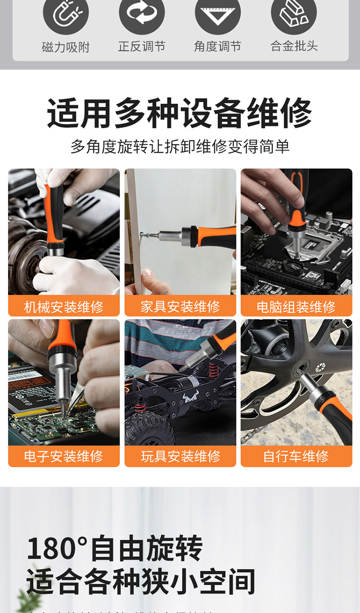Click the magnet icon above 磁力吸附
(x=66, y=14)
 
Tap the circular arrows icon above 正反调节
(x=142, y=14)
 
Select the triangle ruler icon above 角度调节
(x=217, y=14)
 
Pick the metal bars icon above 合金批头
(x=294, y=14)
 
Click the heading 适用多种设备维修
(x=180, y=113)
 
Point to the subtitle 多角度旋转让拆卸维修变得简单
(x=180, y=146)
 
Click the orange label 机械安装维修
(x=64, y=306)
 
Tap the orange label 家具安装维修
(x=180, y=306)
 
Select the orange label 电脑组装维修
(x=296, y=306)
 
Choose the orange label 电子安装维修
(x=64, y=456)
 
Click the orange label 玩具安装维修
(x=180, y=456)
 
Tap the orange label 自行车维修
(x=296, y=456)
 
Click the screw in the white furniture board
(x=144, y=235)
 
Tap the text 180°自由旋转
(x=115, y=549)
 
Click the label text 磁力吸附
(x=66, y=47)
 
